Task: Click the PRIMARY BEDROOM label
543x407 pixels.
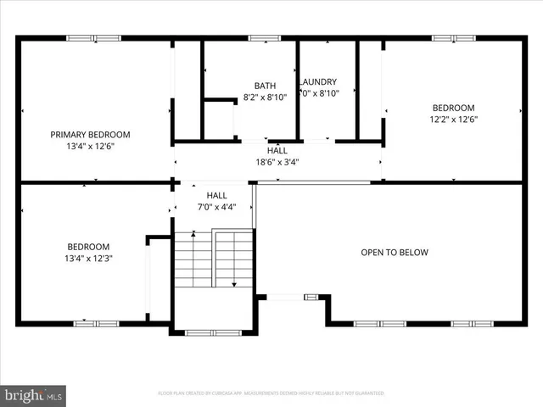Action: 90,135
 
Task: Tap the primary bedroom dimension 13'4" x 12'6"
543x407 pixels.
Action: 90,147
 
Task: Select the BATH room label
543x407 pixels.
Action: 265,86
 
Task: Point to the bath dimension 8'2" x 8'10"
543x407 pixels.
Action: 265,98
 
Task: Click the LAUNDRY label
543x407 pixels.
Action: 320,82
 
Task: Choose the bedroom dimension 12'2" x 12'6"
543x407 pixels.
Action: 454,120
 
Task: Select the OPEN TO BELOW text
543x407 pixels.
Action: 395,253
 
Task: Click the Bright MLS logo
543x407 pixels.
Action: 34,394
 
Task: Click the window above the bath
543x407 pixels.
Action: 265,37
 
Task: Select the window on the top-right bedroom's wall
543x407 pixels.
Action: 454,37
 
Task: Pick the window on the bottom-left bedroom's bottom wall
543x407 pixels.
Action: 96,323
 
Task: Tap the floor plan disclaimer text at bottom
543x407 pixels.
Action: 271,393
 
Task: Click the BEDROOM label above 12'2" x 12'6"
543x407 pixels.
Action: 454,108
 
